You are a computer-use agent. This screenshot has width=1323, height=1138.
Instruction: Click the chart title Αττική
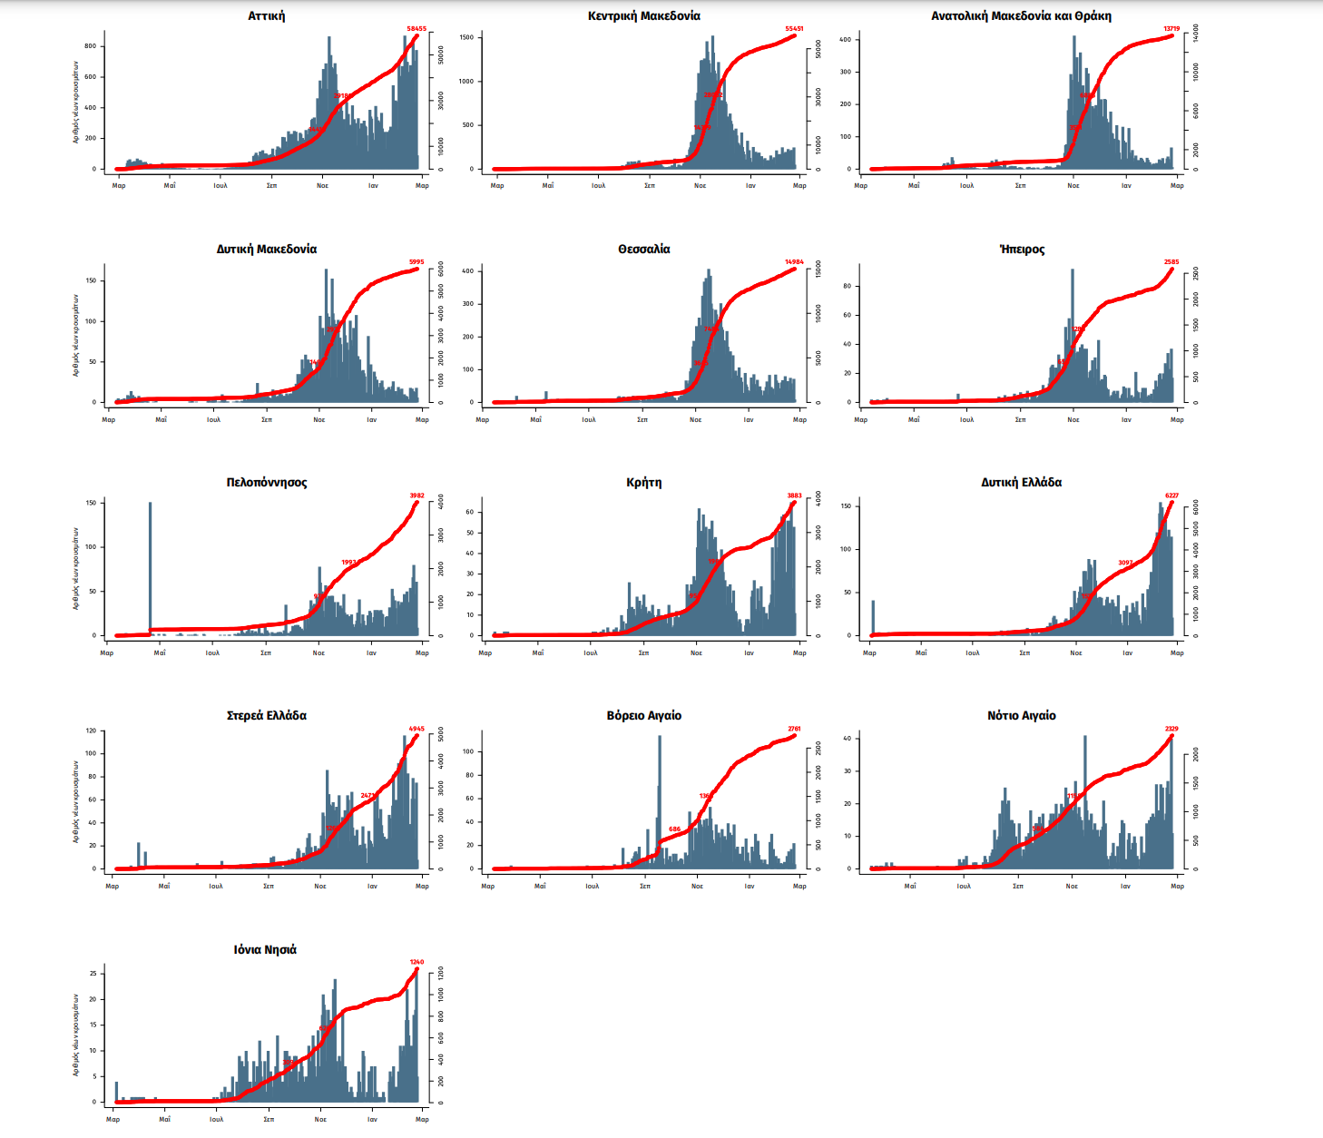pyautogui.click(x=266, y=16)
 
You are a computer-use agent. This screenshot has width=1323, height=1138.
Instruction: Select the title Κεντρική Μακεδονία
pyautogui.click(x=643, y=16)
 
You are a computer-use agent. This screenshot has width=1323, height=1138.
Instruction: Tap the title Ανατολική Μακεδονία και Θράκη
pyautogui.click(x=1021, y=16)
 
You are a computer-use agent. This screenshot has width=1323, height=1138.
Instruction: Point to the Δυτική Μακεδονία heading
pyautogui.click(x=266, y=250)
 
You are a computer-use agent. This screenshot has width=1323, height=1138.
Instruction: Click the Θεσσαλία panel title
pyautogui.click(x=643, y=250)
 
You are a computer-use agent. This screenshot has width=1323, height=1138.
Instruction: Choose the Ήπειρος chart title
pyautogui.click(x=1022, y=250)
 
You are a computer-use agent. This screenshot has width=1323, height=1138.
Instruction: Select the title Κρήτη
pyautogui.click(x=643, y=483)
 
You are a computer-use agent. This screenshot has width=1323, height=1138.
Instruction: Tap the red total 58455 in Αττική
pyautogui.click(x=416, y=29)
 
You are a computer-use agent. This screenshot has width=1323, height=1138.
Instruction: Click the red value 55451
pyautogui.click(x=794, y=29)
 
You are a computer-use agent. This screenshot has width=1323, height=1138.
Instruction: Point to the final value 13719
pyautogui.click(x=1171, y=29)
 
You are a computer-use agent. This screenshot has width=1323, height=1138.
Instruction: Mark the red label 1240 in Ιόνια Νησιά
pyautogui.click(x=416, y=962)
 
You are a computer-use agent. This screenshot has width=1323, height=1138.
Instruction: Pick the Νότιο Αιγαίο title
pyautogui.click(x=1022, y=716)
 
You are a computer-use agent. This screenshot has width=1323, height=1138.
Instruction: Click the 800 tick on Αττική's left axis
pyautogui.click(x=90, y=46)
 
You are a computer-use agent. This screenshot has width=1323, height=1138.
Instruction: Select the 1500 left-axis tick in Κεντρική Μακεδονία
pyautogui.click(x=466, y=38)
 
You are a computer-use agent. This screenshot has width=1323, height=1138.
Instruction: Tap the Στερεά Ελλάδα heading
pyautogui.click(x=266, y=716)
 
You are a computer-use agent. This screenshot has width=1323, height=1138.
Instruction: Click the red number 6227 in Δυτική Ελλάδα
pyautogui.click(x=1171, y=495)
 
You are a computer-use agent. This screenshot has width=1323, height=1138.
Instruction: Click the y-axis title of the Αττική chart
pyautogui.click(x=76, y=102)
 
